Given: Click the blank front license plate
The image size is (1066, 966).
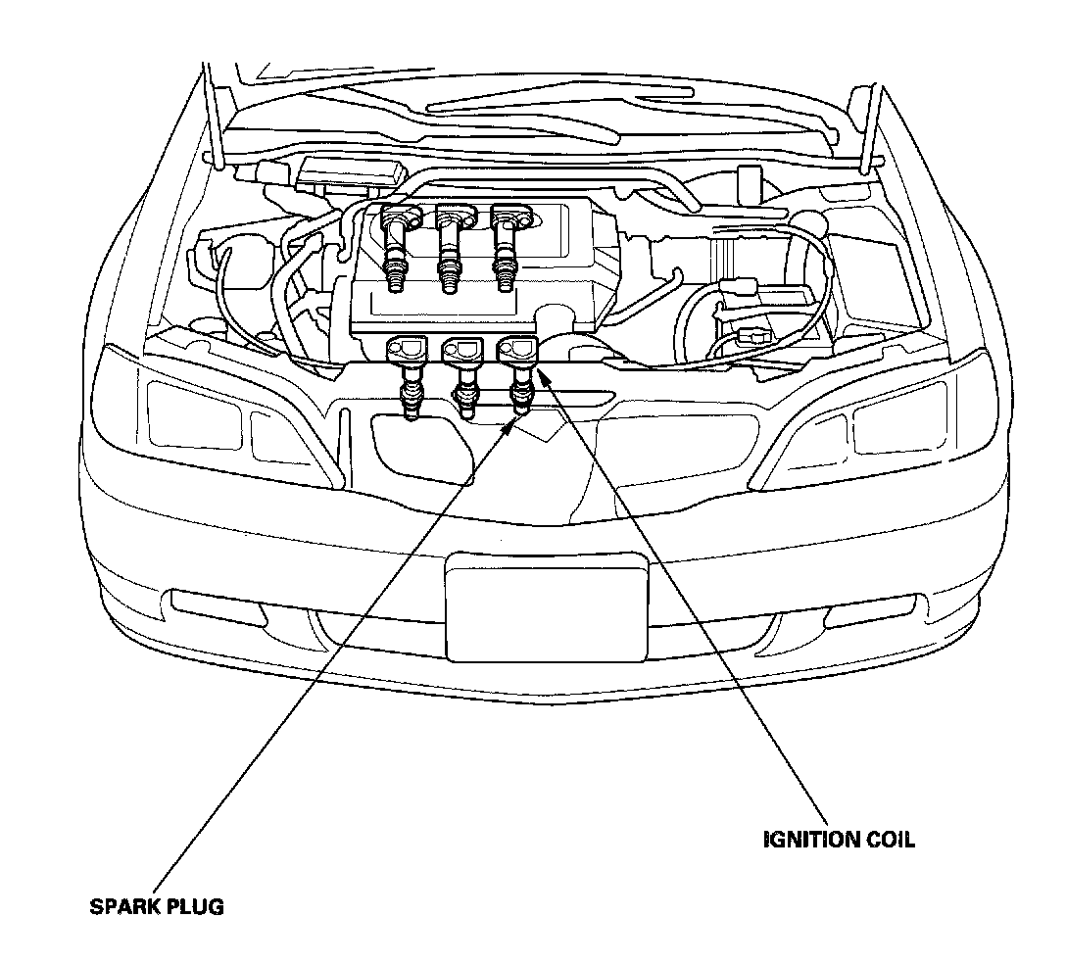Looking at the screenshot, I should click(546, 606).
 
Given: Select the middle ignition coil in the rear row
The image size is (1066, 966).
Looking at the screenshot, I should click(451, 240).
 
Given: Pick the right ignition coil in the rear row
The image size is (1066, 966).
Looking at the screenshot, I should click(507, 240).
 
